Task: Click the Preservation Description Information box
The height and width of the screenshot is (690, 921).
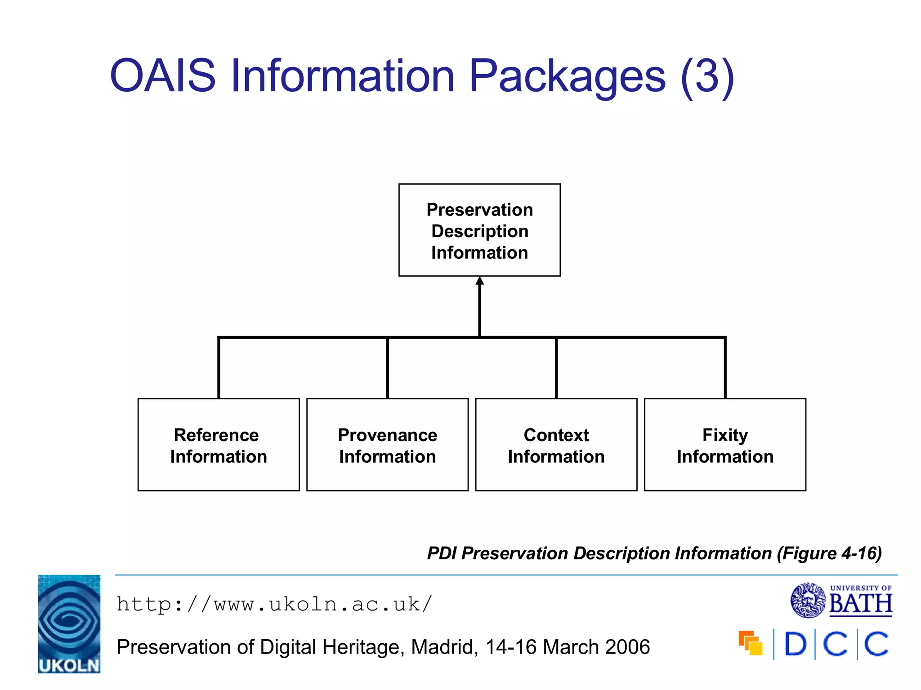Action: coord(479,230)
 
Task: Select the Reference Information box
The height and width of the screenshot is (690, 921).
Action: coord(219,445)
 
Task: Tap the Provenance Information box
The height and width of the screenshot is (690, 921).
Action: coord(387,445)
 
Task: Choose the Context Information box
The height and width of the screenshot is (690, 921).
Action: coord(556,445)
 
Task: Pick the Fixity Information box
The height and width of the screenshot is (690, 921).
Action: coord(725,445)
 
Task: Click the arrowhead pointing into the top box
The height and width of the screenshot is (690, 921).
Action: coord(480,282)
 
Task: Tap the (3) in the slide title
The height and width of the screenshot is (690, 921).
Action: coord(707,76)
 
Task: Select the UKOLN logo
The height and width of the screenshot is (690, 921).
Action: coord(69,624)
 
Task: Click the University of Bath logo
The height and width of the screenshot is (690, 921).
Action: coord(841,600)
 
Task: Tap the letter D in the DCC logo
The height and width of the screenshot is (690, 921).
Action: coord(795,644)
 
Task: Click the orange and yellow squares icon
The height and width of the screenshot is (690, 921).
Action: coord(751,643)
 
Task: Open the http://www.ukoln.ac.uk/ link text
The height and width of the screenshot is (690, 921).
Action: coord(274,604)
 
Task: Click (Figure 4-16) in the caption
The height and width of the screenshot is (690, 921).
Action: coord(829,553)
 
